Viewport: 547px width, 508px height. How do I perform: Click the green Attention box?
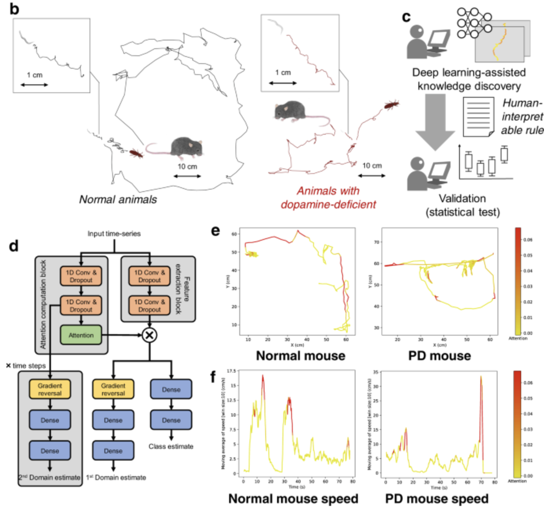point(81,335)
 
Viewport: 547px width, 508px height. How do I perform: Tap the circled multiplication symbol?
point(150,335)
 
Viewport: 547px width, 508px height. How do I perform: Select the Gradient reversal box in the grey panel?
point(50,389)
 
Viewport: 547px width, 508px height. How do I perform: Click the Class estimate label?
point(171,446)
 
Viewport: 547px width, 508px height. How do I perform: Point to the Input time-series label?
point(114,234)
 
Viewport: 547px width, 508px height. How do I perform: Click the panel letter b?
point(14,9)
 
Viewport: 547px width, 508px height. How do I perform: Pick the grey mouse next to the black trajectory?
point(186,147)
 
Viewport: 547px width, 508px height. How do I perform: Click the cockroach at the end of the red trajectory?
point(391,104)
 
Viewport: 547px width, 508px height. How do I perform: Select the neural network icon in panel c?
point(474,23)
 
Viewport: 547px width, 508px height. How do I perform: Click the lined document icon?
point(478,117)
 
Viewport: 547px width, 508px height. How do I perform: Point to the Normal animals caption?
point(118,199)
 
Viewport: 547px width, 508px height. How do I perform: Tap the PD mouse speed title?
point(436,499)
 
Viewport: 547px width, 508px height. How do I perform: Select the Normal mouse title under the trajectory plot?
point(301,356)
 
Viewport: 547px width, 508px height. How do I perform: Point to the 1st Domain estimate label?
point(116,477)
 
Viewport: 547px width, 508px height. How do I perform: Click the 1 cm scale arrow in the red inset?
point(283,83)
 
